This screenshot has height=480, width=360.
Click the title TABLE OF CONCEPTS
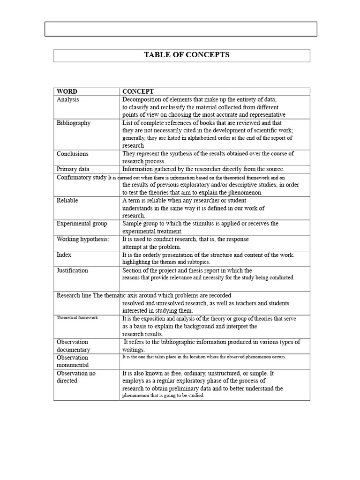coord(186,55)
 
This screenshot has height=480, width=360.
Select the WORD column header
coord(67,91)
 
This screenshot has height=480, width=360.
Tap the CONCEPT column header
coord(138,91)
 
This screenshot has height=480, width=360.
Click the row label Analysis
coord(68,99)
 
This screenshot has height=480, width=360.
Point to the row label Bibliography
coord(74,123)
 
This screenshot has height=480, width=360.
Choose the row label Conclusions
coord(73,154)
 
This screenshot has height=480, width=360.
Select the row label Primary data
coord(73,169)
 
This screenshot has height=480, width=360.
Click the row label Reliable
coord(67,200)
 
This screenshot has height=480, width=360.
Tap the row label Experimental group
coord(82,224)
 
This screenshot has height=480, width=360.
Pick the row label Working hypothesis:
coord(83,239)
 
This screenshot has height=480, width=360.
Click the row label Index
coord(64,255)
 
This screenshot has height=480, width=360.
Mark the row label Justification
coord(72,270)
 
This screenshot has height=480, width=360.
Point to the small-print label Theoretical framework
coord(77,318)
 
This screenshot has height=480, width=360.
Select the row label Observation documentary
coord(74,346)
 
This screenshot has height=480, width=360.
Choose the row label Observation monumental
coord(73,361)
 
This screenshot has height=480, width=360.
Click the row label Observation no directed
coord(76,377)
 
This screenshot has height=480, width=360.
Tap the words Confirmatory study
coord(81,178)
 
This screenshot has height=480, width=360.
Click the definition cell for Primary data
coord(203,169)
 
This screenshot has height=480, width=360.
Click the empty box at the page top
coord(180,29)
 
